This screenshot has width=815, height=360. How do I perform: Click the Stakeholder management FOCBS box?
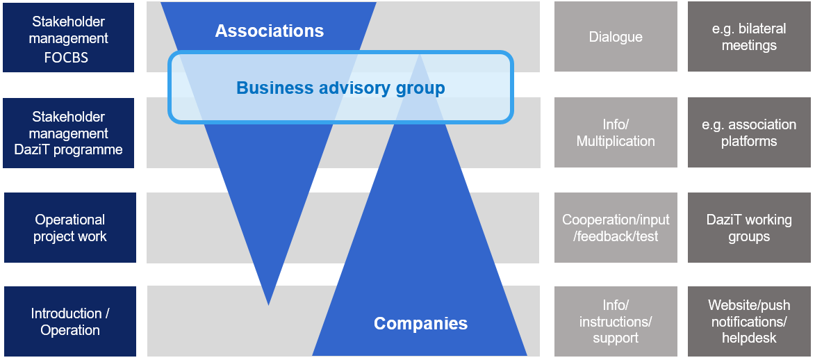[68, 38]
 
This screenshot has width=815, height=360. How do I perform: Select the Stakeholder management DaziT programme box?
[68, 133]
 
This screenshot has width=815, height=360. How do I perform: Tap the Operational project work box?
[69, 228]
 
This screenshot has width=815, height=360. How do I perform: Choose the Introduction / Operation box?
[69, 322]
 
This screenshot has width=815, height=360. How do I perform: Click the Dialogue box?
[616, 37]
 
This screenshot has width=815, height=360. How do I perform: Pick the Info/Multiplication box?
[616, 133]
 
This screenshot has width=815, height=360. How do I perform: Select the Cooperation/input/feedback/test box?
[616, 228]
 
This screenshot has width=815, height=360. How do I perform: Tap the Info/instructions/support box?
[616, 322]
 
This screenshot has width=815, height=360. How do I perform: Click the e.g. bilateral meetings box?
[749, 37]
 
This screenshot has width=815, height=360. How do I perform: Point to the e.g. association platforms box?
[749, 133]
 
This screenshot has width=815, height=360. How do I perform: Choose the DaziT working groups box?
[749, 228]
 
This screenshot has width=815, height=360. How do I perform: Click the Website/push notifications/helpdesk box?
[749, 322]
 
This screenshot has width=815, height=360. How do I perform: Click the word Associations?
[269, 31]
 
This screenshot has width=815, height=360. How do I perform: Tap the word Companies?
[420, 323]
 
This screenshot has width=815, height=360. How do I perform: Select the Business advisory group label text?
[340, 88]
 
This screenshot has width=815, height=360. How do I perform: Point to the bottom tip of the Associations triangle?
[268, 304]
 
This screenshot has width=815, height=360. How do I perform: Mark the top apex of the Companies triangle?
[420, 56]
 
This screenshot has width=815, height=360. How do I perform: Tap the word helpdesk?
[749, 338]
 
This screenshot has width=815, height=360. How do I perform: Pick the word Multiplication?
[616, 141]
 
